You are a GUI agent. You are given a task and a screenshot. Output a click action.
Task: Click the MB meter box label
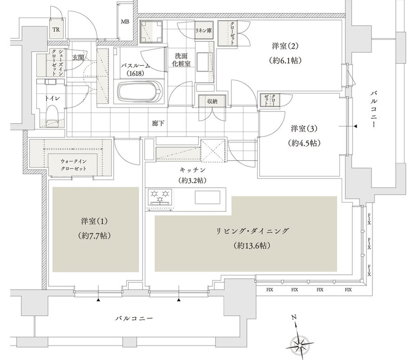coord(125,21)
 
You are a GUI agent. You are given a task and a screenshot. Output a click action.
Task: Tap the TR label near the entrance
coord(56,30)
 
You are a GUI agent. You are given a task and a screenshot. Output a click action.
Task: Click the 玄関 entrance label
coord(78,57)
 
